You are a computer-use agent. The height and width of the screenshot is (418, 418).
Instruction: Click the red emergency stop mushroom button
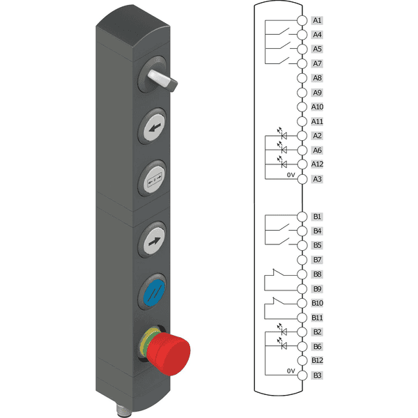pyautogui.click(x=169, y=353)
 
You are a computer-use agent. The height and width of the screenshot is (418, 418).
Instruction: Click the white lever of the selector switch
pyautogui.click(x=162, y=79)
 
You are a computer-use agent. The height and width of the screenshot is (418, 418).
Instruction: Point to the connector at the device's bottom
pyautogui.click(x=122, y=410)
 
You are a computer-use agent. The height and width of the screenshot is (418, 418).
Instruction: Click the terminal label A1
pyautogui.click(x=317, y=20)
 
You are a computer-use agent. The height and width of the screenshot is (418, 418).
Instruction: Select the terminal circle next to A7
pyautogui.click(x=302, y=63)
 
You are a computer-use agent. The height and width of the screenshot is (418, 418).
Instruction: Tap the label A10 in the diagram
pyautogui.click(x=317, y=107)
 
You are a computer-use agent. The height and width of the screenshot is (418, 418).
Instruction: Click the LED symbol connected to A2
pyautogui.click(x=283, y=134)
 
